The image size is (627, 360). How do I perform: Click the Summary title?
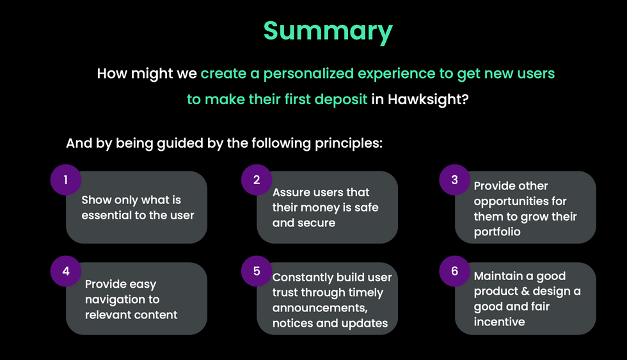(x=328, y=31)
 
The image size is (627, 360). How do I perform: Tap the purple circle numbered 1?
(x=66, y=180)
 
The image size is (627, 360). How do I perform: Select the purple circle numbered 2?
(x=257, y=180)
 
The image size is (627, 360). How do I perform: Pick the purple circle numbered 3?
(x=455, y=180)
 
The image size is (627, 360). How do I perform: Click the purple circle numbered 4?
(x=66, y=271)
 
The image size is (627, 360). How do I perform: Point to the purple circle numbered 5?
(x=257, y=271)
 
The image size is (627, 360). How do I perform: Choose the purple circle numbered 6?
(x=455, y=271)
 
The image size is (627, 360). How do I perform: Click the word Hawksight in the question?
(x=424, y=100)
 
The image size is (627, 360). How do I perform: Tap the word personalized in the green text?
(x=308, y=74)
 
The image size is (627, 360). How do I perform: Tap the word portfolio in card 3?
(x=497, y=232)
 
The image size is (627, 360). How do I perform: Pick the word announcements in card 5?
(x=320, y=308)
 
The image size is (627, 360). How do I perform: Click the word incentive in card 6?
(x=500, y=322)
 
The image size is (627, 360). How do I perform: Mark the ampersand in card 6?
(x=523, y=292)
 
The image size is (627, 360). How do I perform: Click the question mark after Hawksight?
(x=464, y=99)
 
